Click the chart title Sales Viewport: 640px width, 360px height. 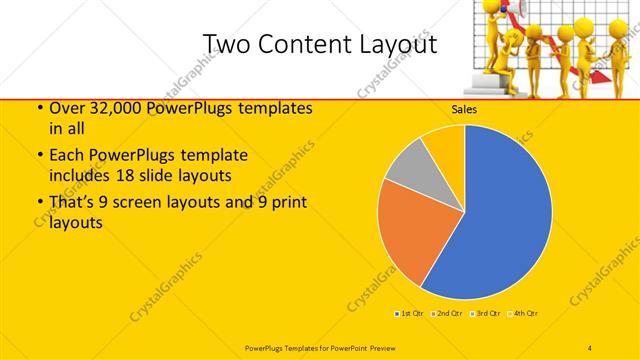[x=465, y=110]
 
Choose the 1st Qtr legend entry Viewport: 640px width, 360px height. [x=409, y=313]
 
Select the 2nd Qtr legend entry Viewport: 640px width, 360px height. [x=447, y=313]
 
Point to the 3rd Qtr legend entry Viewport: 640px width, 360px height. [x=485, y=313]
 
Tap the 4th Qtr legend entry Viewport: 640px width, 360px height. [x=523, y=313]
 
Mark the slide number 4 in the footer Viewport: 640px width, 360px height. [x=590, y=346]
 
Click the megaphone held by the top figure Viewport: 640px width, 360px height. [x=521, y=9]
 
